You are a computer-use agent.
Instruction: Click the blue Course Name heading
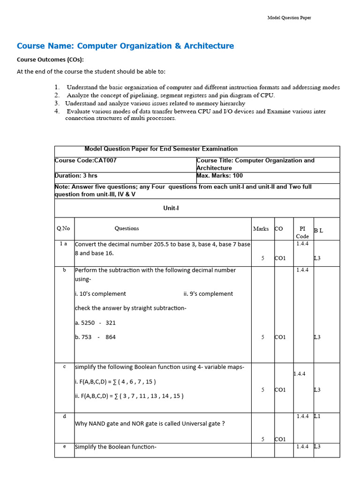(x=125, y=46)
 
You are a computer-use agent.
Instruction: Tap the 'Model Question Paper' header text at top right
(x=289, y=18)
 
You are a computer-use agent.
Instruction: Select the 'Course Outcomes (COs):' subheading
(x=50, y=60)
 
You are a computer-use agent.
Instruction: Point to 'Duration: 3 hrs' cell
(x=76, y=176)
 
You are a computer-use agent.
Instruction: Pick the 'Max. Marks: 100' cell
(x=220, y=176)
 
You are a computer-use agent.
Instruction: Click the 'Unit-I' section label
(x=171, y=208)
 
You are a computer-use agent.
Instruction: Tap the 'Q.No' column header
(x=63, y=228)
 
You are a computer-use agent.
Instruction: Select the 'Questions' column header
(x=127, y=228)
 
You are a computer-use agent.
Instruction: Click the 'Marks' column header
(x=261, y=229)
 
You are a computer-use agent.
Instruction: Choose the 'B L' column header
(x=318, y=230)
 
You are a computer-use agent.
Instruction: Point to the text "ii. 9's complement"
(x=208, y=294)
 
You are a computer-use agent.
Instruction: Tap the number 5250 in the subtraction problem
(x=88, y=323)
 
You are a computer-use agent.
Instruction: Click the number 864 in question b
(x=111, y=337)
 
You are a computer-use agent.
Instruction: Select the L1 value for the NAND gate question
(x=317, y=416)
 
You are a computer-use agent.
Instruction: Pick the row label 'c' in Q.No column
(x=64, y=367)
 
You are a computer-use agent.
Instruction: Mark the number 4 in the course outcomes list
(x=57, y=112)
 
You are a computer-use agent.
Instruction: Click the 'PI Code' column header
(x=302, y=232)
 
